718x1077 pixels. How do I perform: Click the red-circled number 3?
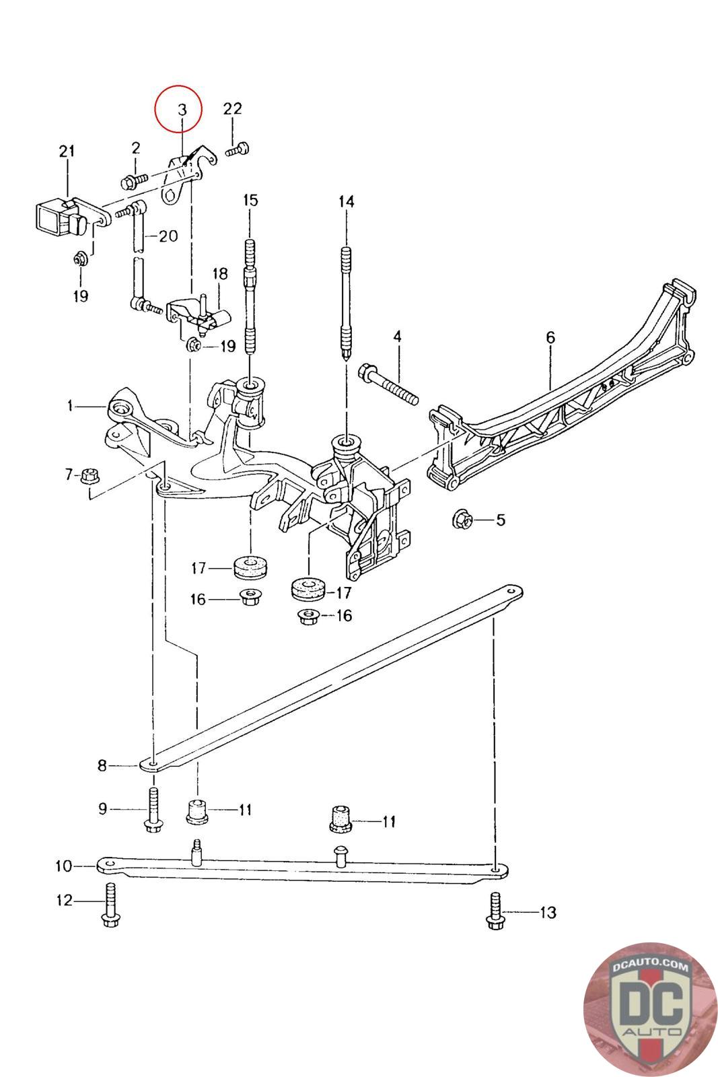coord(182,110)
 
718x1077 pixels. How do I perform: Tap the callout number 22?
coord(233,108)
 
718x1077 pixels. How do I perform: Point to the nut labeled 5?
coord(462,519)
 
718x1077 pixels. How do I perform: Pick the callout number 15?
coord(250,200)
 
